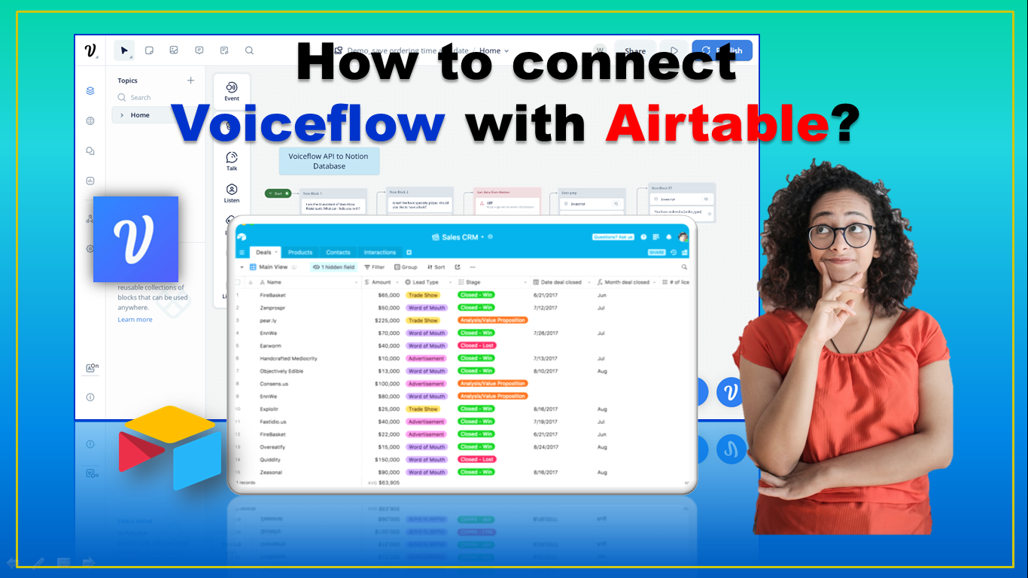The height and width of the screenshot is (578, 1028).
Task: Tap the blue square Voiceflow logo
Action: (x=135, y=239)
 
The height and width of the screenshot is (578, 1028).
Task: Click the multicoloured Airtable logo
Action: (x=170, y=448)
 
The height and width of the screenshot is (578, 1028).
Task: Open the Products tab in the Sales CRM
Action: (x=300, y=252)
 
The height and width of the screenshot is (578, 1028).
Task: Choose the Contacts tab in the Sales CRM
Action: (x=338, y=252)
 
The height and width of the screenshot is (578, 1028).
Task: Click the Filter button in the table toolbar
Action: (x=375, y=267)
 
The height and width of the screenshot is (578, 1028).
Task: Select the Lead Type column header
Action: (x=425, y=282)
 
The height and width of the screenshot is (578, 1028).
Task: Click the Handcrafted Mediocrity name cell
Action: (x=288, y=358)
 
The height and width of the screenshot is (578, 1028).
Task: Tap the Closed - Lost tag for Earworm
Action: (x=476, y=345)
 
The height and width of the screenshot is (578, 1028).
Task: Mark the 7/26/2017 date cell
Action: (x=546, y=333)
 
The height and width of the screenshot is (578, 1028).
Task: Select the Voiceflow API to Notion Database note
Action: (x=329, y=161)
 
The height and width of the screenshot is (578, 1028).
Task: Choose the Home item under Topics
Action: (x=140, y=115)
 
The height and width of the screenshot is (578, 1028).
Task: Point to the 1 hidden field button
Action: (x=333, y=267)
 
